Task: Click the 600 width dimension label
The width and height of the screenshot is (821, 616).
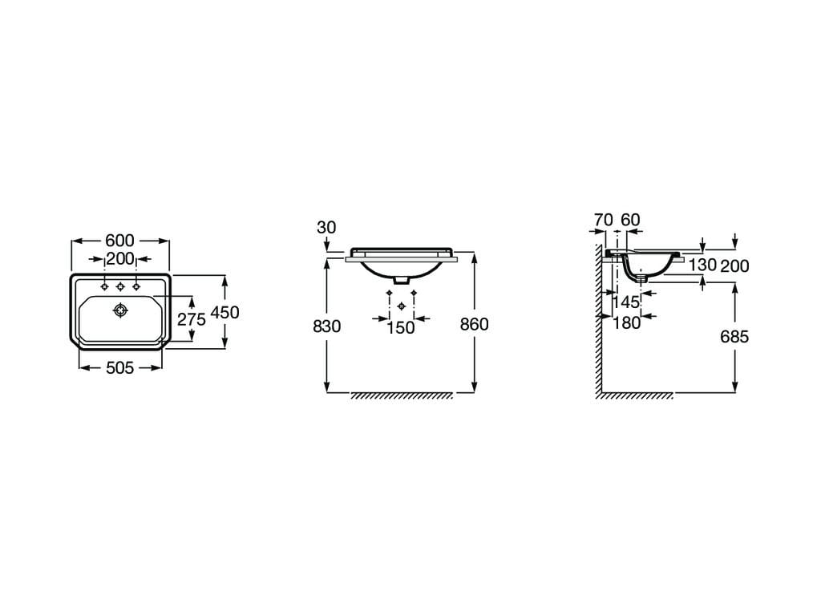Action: pos(120,241)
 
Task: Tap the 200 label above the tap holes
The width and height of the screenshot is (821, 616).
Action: pos(120,259)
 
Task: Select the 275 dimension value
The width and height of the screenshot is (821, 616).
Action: pos(191,319)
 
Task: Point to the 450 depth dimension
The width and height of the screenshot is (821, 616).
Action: pos(224,312)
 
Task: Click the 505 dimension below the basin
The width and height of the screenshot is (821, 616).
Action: pos(120,368)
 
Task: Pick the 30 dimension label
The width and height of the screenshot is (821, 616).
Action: pos(326,227)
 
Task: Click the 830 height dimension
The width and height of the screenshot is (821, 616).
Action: pos(327,326)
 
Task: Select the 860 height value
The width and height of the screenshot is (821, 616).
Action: pos(475,325)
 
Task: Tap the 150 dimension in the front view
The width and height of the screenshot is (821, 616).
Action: pos(401,328)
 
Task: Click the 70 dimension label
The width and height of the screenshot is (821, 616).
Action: pos(603,220)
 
